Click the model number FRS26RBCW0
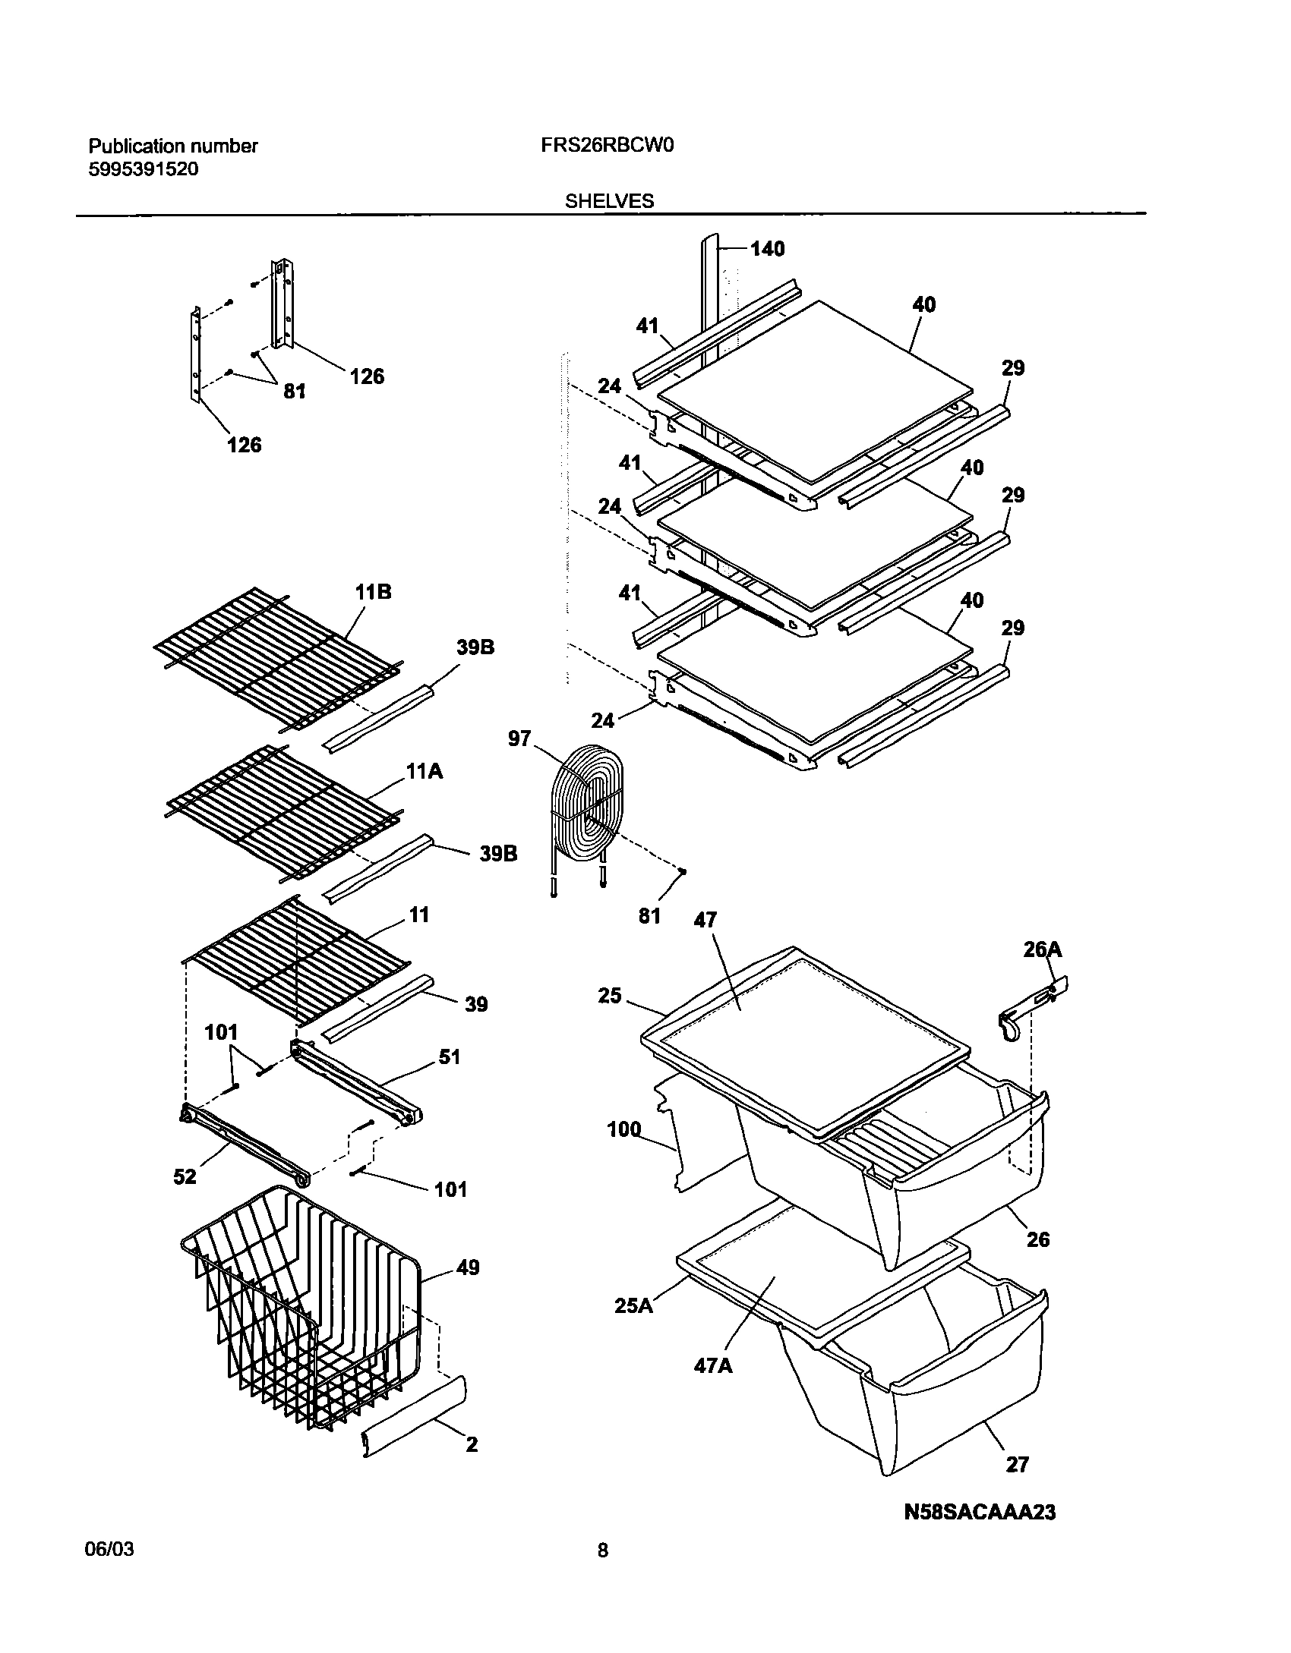point(608,146)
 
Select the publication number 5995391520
point(144,169)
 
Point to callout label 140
point(767,249)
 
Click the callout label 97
point(519,738)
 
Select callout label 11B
point(372,593)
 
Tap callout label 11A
point(424,773)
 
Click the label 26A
point(1042,949)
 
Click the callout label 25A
point(633,1307)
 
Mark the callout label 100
point(624,1130)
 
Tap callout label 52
point(185,1176)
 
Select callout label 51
point(450,1056)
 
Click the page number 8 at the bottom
point(602,1572)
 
